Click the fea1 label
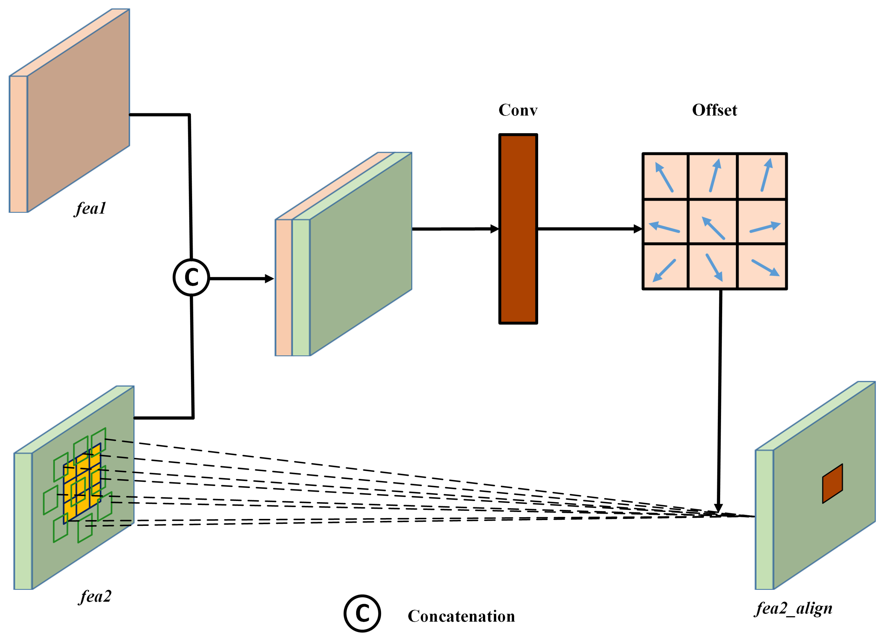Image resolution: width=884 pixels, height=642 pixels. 90,208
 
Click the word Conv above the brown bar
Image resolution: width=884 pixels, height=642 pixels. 518,110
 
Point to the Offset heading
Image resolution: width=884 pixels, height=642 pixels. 715,110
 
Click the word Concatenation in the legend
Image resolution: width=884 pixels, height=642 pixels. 461,616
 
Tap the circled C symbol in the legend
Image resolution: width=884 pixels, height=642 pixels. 362,614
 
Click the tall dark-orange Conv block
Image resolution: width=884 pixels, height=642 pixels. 518,229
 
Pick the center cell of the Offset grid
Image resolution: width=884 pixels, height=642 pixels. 713,222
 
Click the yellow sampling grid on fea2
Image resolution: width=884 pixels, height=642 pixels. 82,483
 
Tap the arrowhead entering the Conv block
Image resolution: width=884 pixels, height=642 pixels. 495,229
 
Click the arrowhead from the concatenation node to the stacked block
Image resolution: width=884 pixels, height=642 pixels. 269,279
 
